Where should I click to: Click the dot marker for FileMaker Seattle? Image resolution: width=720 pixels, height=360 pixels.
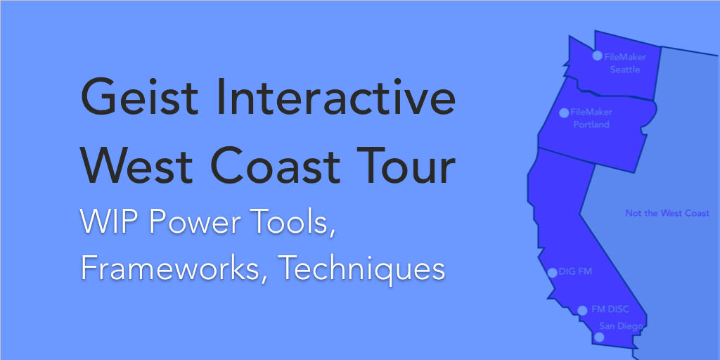pyautogui.click(x=597, y=56)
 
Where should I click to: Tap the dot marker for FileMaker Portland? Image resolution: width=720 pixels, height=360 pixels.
pyautogui.click(x=564, y=113)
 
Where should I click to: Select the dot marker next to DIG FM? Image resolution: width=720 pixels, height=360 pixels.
pyautogui.click(x=553, y=273)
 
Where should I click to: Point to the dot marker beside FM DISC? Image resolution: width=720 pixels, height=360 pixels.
pyautogui.click(x=582, y=311)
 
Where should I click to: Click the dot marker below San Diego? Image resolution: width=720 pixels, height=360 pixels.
pyautogui.click(x=599, y=337)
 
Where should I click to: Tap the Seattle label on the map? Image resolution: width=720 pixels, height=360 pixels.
pyautogui.click(x=625, y=70)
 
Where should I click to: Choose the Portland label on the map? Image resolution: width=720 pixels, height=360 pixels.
pyautogui.click(x=591, y=124)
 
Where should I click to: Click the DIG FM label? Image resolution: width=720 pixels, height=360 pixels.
pyautogui.click(x=575, y=271)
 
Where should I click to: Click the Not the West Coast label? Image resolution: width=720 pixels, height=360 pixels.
pyautogui.click(x=667, y=214)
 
